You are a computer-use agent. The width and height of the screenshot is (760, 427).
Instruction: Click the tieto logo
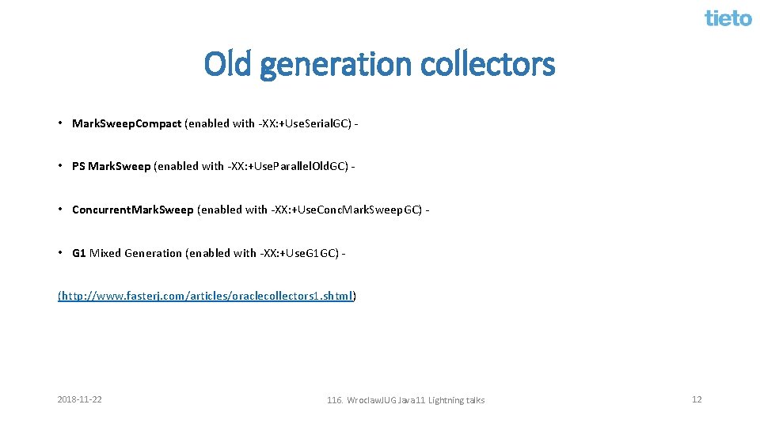click(x=728, y=17)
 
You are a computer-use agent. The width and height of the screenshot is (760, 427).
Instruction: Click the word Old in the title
click(x=228, y=64)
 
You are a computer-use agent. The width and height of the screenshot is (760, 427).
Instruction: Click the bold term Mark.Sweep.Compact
click(x=126, y=123)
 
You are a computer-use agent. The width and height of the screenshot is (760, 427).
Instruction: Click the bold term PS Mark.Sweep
click(x=111, y=166)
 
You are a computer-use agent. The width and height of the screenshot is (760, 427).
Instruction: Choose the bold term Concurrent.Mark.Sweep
click(x=132, y=210)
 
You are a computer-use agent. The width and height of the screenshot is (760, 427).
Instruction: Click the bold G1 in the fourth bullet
click(x=78, y=253)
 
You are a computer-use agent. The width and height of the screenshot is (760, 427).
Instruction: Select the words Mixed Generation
click(x=135, y=253)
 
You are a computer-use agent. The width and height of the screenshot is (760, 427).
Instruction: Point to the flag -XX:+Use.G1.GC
click(x=298, y=253)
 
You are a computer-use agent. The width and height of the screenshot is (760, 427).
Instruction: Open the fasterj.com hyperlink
click(x=207, y=296)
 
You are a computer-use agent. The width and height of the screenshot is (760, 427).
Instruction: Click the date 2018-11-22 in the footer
click(x=79, y=399)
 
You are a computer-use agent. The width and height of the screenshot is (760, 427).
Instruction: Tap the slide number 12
click(x=697, y=399)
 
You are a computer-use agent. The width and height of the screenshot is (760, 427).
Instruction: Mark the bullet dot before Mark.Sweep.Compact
click(x=60, y=123)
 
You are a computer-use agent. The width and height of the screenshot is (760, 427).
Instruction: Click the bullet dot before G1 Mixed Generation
click(x=60, y=252)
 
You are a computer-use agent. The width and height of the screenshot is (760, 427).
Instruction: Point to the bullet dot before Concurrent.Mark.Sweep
click(x=60, y=209)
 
